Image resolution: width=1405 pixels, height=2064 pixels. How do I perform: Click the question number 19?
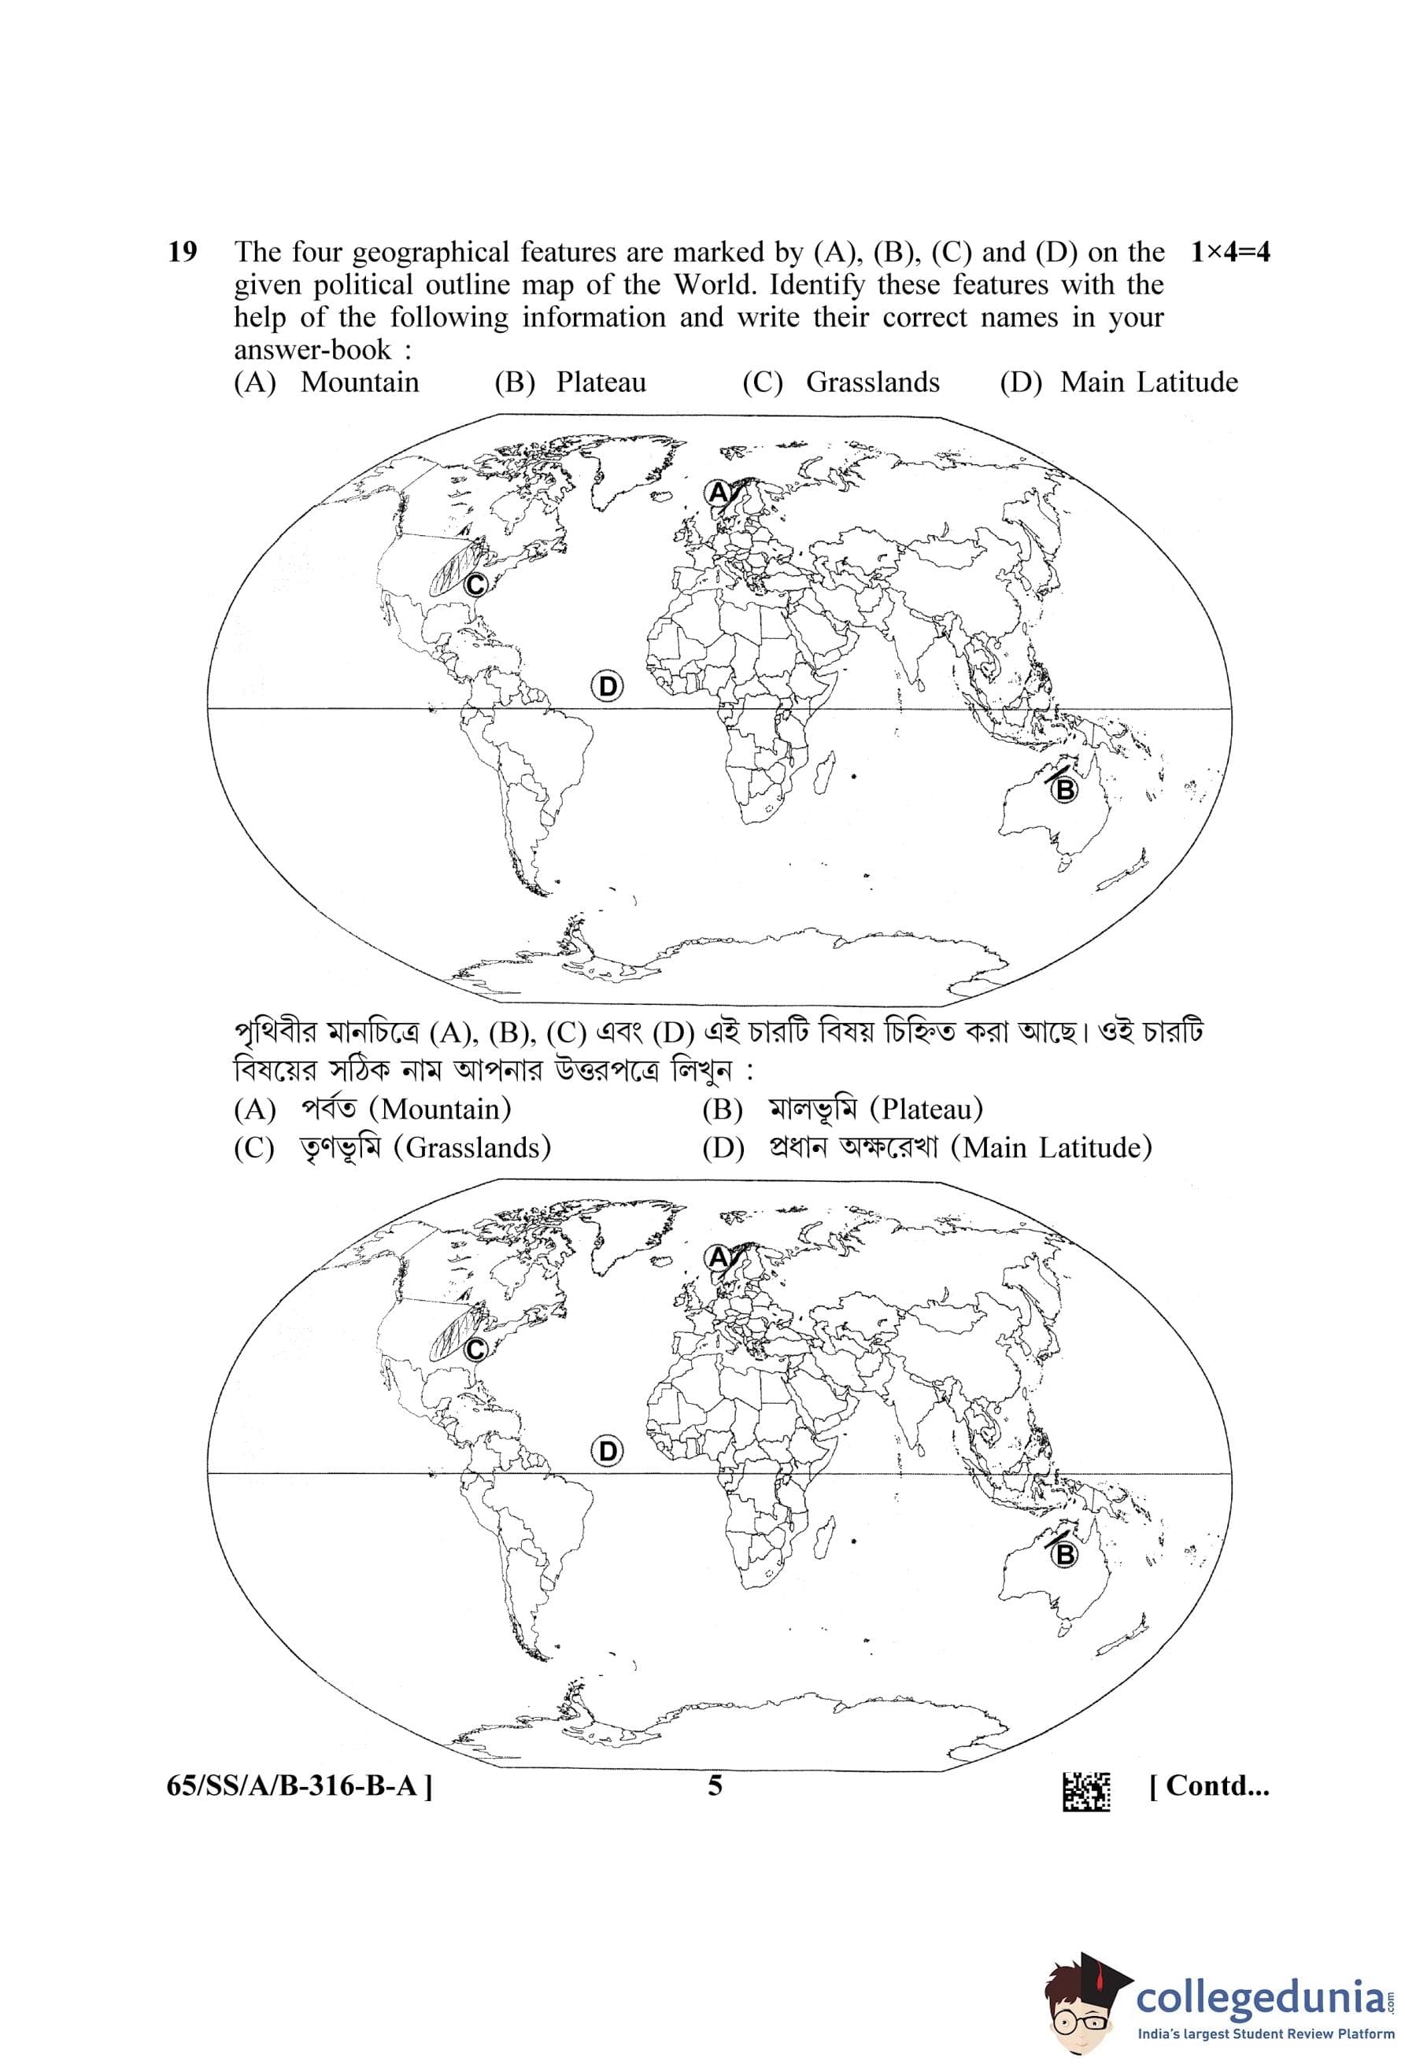pos(182,253)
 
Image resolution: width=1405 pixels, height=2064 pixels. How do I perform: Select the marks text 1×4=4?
pos(1229,253)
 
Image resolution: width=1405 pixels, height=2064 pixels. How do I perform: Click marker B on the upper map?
pos(1063,788)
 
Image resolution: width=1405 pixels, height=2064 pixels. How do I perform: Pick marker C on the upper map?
pos(475,585)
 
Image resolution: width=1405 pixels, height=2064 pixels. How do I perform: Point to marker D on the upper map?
pos(608,686)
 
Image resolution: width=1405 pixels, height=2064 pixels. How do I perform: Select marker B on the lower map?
pos(1063,1554)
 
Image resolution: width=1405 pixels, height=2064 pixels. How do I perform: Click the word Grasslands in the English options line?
pos(872,382)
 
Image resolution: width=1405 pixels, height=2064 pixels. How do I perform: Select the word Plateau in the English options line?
pos(601,382)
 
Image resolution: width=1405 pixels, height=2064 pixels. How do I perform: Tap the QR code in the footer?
pos(1086,1793)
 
